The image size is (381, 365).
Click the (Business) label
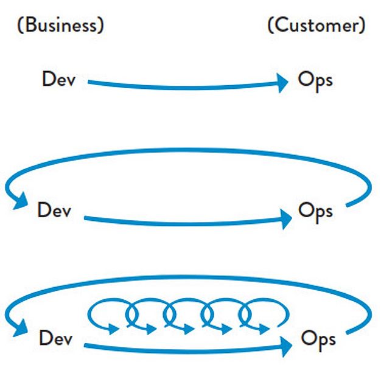click(61, 25)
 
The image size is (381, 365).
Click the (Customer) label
click(316, 25)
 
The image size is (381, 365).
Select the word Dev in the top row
click(59, 78)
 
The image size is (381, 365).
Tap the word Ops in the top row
click(315, 81)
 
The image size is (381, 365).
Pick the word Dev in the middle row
click(54, 210)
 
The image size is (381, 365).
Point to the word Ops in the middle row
click(315, 212)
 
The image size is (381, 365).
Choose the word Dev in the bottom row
click(56, 338)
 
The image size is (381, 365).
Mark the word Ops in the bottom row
click(318, 340)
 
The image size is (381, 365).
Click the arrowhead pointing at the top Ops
click(282, 83)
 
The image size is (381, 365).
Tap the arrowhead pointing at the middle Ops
click(286, 219)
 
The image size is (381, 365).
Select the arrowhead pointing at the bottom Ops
click(286, 347)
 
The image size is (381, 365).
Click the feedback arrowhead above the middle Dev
click(21, 201)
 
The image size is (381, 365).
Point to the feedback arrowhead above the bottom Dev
click(21, 328)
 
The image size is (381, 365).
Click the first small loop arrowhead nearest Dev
click(113, 329)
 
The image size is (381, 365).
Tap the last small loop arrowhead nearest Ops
click(264, 329)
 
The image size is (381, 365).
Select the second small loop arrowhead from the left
click(151, 329)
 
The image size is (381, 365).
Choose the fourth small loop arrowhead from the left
click(226, 329)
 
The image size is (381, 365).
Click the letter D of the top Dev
click(49, 78)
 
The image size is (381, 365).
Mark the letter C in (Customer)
click(280, 26)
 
